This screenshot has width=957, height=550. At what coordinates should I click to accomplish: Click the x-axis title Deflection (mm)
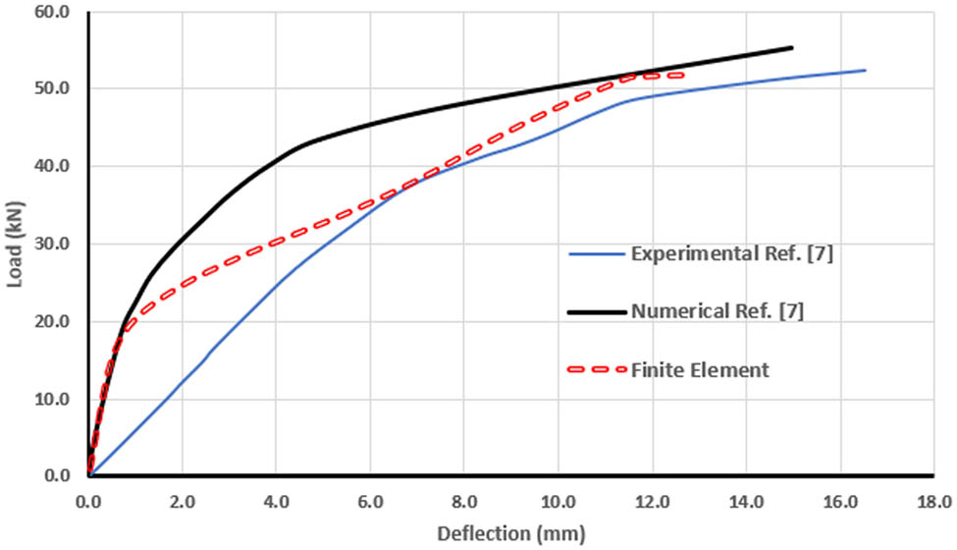[511, 534]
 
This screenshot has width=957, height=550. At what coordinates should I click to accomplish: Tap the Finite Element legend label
[700, 370]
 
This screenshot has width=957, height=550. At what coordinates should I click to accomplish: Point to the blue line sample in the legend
[597, 255]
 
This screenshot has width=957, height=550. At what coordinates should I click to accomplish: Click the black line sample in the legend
[597, 312]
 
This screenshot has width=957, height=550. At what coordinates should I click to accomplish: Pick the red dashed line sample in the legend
[597, 370]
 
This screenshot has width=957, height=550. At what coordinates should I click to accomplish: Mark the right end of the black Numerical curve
[791, 47]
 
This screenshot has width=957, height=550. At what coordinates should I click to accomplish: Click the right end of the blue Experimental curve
[865, 70]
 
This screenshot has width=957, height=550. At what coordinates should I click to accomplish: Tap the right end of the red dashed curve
[680, 75]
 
